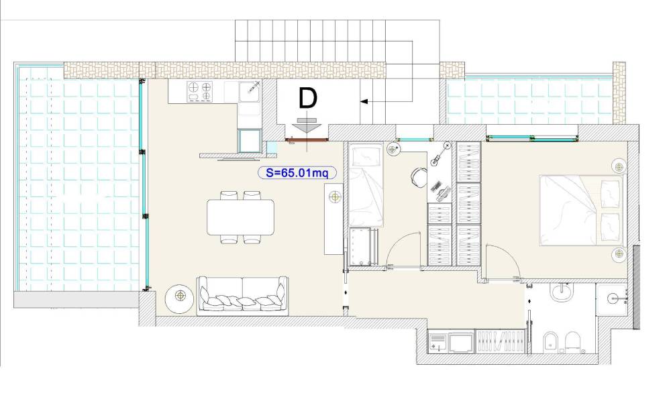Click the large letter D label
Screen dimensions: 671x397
click(308, 98)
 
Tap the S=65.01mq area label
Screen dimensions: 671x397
click(297, 173)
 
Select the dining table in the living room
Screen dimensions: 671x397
click(240, 217)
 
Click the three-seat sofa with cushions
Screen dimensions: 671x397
click(242, 296)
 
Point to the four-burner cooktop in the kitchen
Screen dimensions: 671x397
click(200, 92)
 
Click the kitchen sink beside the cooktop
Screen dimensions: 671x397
click(250, 92)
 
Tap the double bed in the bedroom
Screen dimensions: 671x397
click(580, 211)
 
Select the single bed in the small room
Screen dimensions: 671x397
click(366, 185)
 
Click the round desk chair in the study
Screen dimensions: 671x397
click(419, 176)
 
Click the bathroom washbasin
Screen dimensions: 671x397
click(561, 292)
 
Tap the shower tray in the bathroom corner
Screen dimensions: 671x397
click(613, 299)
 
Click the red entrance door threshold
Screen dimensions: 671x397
click(307, 139)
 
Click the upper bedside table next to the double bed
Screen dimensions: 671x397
click(619, 165)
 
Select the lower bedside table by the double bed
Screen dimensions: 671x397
click(617, 255)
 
